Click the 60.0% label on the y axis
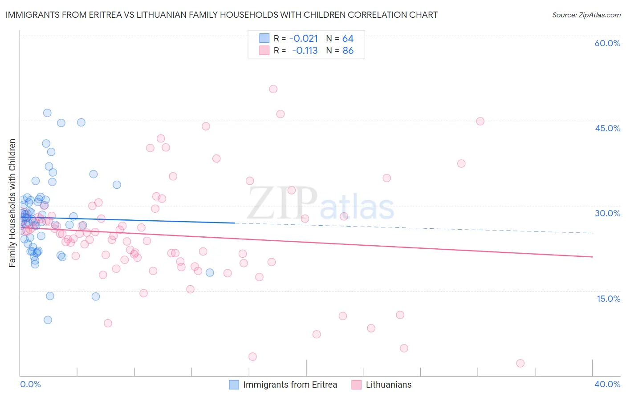point(607,43)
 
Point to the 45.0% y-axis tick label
point(607,128)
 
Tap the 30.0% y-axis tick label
point(607,213)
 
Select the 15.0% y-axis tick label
point(608,298)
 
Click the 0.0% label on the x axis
point(30,384)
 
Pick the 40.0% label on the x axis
point(607,384)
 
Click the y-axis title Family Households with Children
point(12,203)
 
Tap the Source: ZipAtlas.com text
point(586,15)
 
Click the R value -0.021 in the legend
point(304,38)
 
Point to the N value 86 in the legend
point(348,51)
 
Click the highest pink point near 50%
point(273,89)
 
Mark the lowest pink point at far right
point(520,363)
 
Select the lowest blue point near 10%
point(48,320)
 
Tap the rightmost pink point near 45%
point(480,121)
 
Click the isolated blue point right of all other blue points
point(210,272)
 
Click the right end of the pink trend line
point(592,257)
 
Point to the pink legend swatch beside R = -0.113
point(264,51)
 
